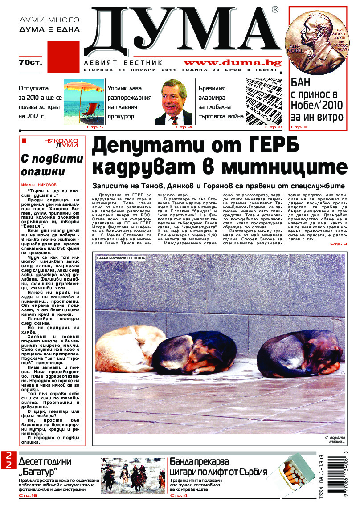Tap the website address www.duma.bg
[x=232, y=63]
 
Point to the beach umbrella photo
[x=83, y=102]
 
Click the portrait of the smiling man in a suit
[x=174, y=102]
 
